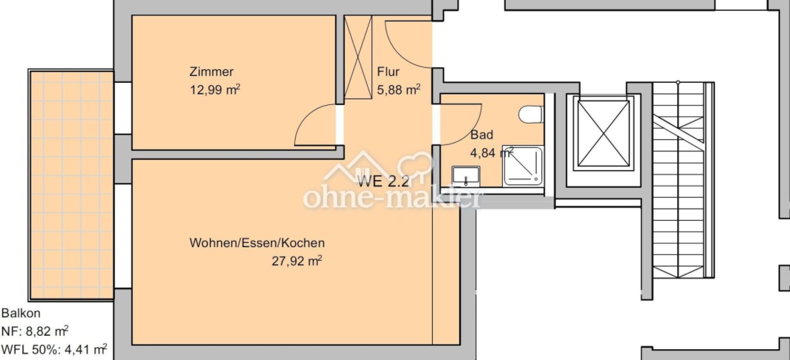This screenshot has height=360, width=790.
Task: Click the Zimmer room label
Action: pos(211,72)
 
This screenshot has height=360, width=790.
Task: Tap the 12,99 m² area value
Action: pos(215,90)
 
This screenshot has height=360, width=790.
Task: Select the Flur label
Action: pos(388,72)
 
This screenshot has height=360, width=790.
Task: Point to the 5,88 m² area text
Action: pos(399,90)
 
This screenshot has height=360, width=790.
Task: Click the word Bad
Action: pos(482,135)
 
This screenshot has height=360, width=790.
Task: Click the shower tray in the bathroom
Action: pos(523,166)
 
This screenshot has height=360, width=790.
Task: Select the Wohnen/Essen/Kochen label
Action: pos(257,243)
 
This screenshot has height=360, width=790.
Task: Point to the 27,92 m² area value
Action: pos(297,261)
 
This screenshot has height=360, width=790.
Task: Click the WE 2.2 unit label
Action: pos(383,181)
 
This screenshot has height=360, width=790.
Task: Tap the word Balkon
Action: pos(21,313)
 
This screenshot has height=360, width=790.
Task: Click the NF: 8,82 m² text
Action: pos(35,331)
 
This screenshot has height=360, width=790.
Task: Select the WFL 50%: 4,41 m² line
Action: pos(54,349)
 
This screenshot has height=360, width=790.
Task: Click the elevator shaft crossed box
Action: pos(603,134)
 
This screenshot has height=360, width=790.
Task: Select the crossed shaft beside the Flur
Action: pos(358,57)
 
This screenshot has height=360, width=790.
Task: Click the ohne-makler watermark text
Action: pos(392,198)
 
